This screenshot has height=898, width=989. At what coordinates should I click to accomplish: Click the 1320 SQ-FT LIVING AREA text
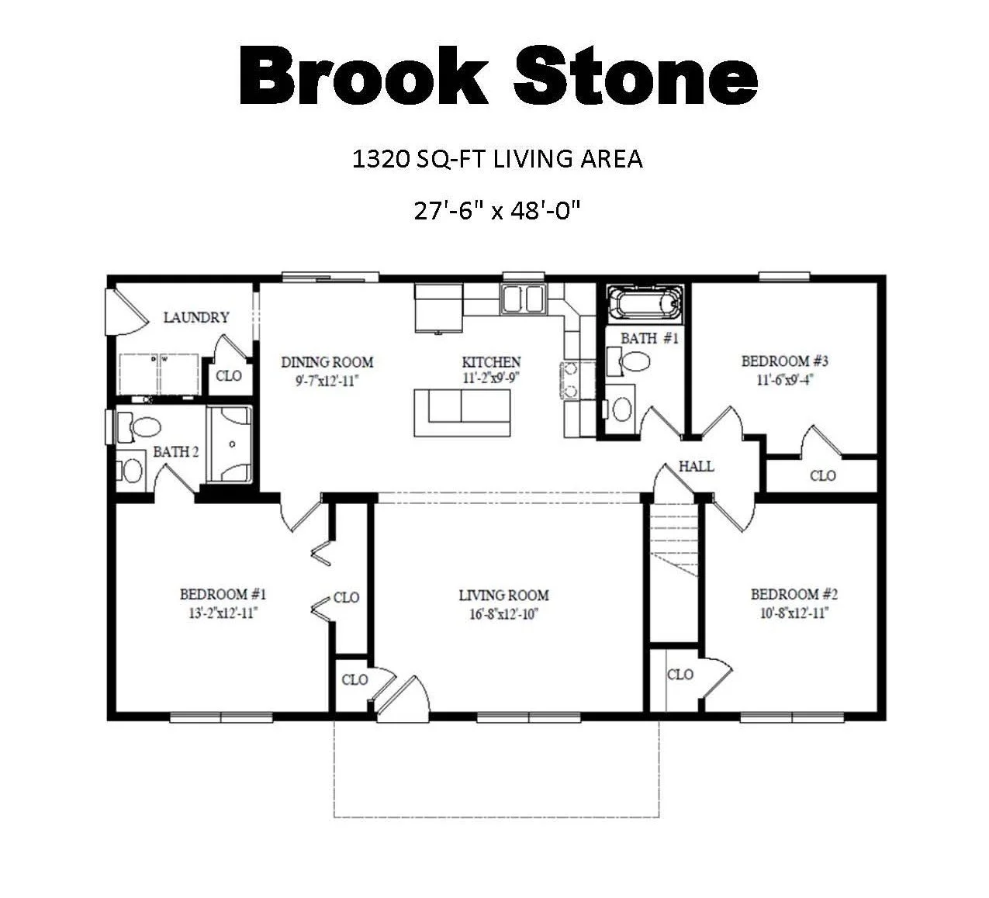pyautogui.click(x=497, y=159)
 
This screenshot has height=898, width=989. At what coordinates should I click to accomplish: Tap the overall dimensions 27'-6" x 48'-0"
pyautogui.click(x=497, y=210)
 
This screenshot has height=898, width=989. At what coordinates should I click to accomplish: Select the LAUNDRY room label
pyautogui.click(x=196, y=317)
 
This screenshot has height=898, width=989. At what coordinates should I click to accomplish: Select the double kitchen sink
pyautogui.click(x=524, y=299)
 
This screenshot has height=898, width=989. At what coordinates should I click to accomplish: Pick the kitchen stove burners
pyautogui.click(x=569, y=379)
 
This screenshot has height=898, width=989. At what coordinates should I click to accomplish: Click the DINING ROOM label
pyautogui.click(x=327, y=362)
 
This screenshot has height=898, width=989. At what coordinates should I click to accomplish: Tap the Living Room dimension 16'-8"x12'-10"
pyautogui.click(x=503, y=613)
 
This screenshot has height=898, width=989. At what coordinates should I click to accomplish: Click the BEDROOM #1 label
pyautogui.click(x=223, y=595)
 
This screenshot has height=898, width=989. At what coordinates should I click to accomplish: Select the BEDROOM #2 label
pyautogui.click(x=794, y=595)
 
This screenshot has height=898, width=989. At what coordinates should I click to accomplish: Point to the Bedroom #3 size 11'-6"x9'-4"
pyautogui.click(x=785, y=380)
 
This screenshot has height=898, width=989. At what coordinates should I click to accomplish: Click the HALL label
pyautogui.click(x=696, y=466)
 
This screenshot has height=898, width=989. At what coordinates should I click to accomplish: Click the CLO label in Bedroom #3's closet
pyautogui.click(x=822, y=475)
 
